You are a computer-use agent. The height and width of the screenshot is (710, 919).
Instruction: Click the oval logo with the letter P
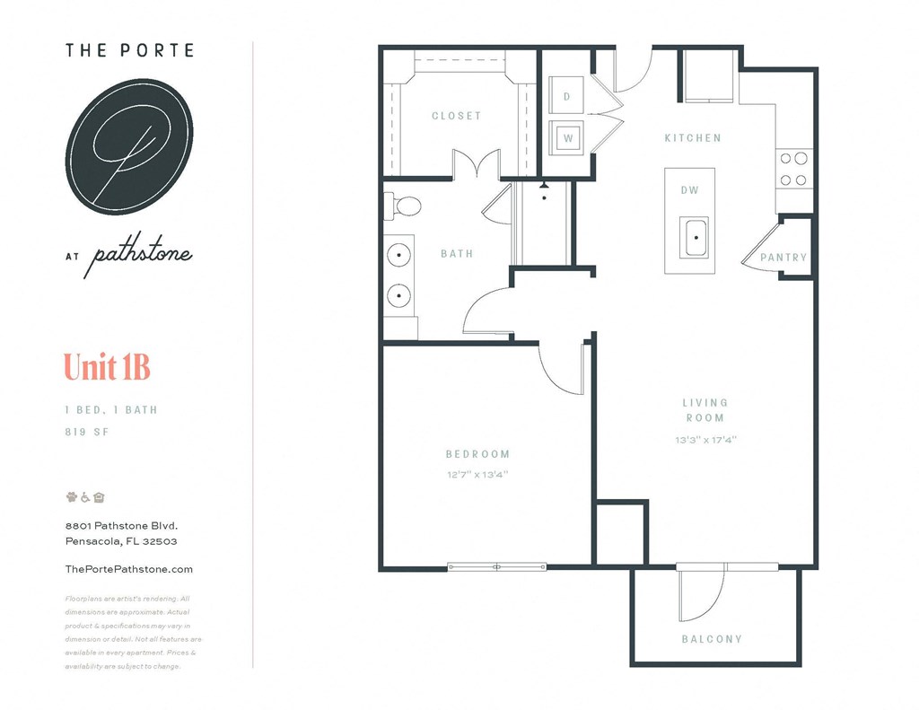pos(129,143)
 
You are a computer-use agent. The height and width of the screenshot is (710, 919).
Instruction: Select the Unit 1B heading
pos(106,367)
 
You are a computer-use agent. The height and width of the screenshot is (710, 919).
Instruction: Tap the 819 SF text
pos(87,432)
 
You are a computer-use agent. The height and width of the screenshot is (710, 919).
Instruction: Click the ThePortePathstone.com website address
pos(128,569)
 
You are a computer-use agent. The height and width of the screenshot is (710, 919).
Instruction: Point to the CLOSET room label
pos(456,116)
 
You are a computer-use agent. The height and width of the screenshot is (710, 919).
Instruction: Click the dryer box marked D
pos(566,95)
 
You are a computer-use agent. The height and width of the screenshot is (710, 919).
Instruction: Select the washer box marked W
pos(566,138)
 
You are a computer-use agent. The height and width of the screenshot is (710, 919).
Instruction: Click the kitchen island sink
pos(696,238)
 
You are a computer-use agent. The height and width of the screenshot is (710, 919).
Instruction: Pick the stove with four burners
pos(793,169)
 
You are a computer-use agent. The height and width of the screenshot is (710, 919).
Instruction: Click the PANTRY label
pos(783,258)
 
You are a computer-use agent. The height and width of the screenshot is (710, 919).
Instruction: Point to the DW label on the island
pos(689,190)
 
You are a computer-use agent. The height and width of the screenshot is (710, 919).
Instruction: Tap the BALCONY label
pos(712,639)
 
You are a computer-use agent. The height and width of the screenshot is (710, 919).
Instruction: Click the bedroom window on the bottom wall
pos(497,566)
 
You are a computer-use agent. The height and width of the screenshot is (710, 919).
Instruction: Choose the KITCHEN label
pos(692,138)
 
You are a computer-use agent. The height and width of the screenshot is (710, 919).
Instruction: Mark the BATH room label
pos(456,254)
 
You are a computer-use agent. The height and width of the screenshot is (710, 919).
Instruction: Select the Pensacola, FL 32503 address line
pos(120,541)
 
